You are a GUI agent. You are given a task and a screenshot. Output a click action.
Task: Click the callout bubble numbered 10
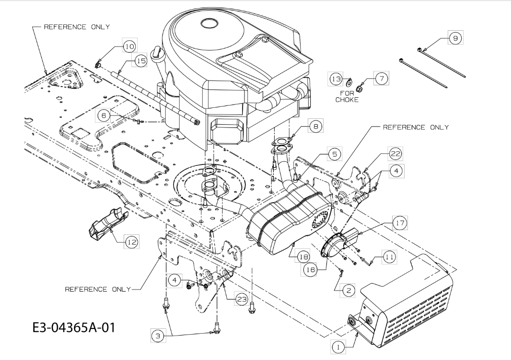[130, 46]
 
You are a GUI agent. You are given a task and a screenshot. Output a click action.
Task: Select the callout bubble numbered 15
[140, 60]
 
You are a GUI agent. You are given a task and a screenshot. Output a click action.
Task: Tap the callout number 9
[455, 38]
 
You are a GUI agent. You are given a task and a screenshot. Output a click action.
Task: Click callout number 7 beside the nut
[381, 78]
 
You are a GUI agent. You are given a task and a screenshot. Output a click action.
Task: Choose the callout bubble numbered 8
[315, 126]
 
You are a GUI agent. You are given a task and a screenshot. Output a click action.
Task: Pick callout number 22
[395, 153]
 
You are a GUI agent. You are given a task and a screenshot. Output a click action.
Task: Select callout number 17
[400, 223]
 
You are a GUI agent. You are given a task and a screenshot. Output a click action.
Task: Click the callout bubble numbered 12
[132, 242]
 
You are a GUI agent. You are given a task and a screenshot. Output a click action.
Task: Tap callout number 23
[242, 299]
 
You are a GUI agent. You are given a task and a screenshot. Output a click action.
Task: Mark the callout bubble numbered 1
[338, 347]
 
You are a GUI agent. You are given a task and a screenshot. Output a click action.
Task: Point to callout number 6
[104, 116]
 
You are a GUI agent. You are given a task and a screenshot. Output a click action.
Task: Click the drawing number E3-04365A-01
[74, 327]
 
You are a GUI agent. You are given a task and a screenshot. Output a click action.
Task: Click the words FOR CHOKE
[347, 97]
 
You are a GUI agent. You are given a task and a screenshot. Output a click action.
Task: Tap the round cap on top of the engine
[209, 23]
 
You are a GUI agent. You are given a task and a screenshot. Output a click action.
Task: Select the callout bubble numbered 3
[158, 336]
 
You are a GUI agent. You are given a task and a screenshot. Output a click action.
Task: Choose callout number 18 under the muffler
[303, 257]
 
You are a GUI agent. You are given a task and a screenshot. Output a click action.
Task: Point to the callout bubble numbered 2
[348, 290]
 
